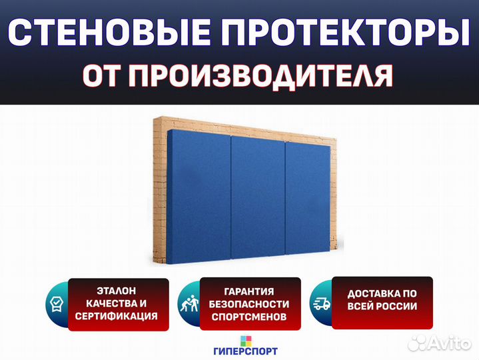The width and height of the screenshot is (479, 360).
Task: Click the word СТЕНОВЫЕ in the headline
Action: pyautogui.click(x=109, y=32)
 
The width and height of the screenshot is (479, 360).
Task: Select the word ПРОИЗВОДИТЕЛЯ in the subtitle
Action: pyautogui.click(x=260, y=76)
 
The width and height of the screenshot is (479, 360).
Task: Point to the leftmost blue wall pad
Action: pyautogui.click(x=199, y=198)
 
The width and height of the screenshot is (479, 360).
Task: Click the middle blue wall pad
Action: pyautogui.click(x=258, y=197)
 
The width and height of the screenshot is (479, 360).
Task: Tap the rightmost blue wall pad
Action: pyautogui.click(x=308, y=198)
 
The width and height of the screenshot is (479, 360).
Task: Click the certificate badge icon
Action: pyautogui.click(x=57, y=303)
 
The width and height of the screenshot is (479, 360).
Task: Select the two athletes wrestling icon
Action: pyautogui.click(x=189, y=303)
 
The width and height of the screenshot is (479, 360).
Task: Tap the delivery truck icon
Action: pyautogui.click(x=322, y=303)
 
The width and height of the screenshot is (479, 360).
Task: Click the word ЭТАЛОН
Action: pyautogui.click(x=117, y=291)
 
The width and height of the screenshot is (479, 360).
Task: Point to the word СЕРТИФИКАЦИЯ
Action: pyautogui.click(x=117, y=316)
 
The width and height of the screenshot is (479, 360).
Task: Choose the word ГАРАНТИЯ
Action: pyautogui.click(x=249, y=291)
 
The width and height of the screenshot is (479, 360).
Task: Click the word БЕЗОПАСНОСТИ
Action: pyautogui.click(x=249, y=304)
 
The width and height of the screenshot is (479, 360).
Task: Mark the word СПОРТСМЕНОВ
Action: pyautogui.click(x=249, y=317)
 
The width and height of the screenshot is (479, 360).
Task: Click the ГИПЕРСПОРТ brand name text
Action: pyautogui.click(x=246, y=351)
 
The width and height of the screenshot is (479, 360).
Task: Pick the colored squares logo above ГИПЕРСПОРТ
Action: pyautogui.click(x=246, y=341)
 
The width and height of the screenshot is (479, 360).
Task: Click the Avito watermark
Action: pyautogui.click(x=440, y=343)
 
